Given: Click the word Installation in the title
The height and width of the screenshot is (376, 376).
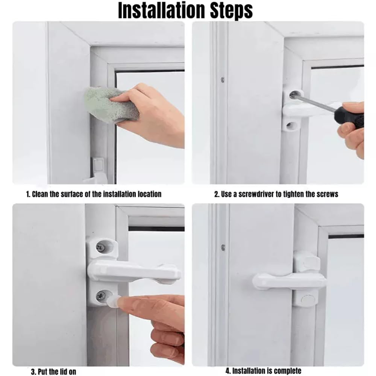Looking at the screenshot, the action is [162, 11].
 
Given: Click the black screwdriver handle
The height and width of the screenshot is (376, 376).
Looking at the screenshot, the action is [349, 117].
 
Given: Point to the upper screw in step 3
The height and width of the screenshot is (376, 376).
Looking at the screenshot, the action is [100, 247].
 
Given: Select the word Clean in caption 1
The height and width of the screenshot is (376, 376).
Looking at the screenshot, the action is [40, 194].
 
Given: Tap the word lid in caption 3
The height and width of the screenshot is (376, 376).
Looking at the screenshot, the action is [64, 371].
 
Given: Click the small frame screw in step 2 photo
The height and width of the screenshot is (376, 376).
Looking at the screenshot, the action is [223, 79].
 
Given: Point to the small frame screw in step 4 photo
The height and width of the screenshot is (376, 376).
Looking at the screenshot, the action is [223, 247].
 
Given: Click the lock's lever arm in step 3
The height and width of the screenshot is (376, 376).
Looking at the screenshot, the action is [134, 271].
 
